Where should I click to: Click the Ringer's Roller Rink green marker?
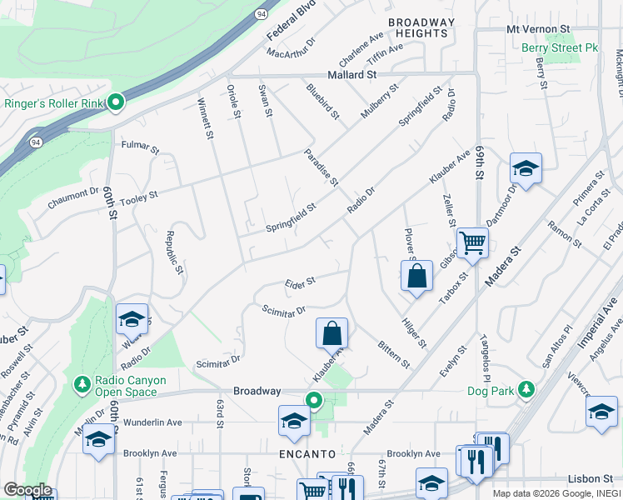[x=116, y=103]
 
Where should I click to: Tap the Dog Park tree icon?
[x=526, y=389]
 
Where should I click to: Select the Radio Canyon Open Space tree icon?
[x=82, y=383]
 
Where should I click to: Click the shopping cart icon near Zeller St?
[x=472, y=242]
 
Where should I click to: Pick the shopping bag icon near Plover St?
[x=416, y=276]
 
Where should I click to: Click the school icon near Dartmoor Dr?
[x=526, y=169]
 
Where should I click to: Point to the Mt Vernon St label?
[x=537, y=28]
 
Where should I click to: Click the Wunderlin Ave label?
[x=152, y=422]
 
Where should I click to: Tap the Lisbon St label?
[x=590, y=478]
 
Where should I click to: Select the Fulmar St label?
[x=139, y=147]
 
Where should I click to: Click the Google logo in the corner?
[x=27, y=490]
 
